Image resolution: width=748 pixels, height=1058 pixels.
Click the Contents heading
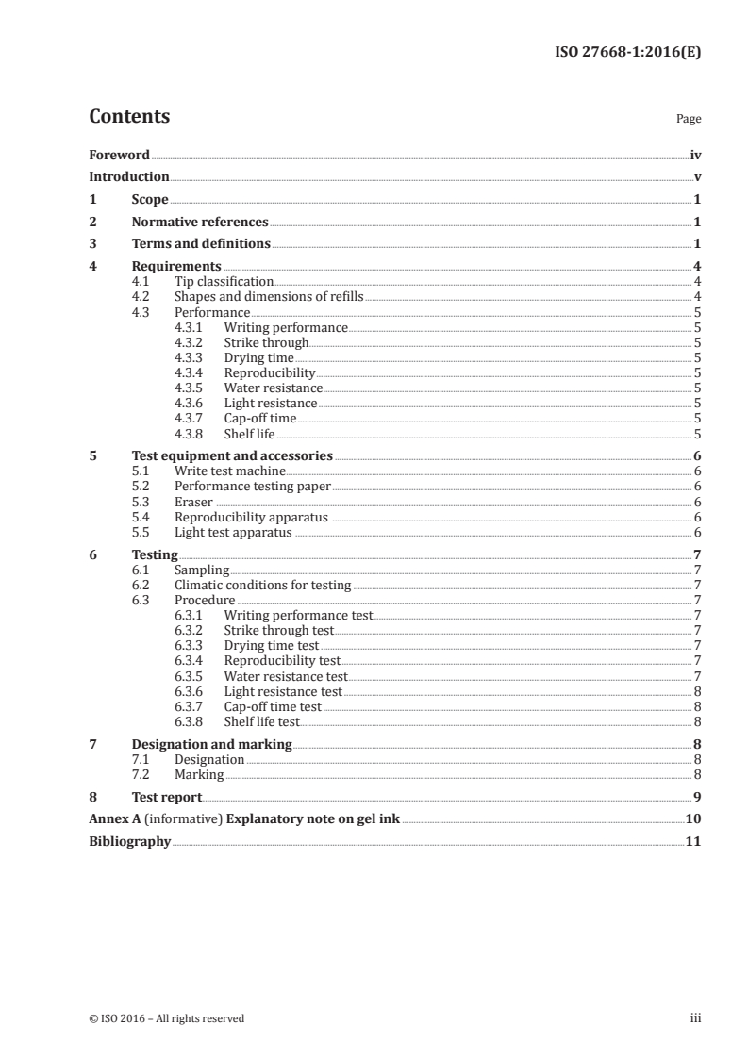[x=129, y=117]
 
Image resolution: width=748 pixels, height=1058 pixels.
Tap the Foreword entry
[x=119, y=155]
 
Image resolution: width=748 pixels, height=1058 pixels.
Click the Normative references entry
[x=200, y=223]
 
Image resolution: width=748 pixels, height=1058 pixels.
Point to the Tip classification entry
[x=224, y=281]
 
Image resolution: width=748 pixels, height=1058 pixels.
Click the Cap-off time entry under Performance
[x=260, y=419]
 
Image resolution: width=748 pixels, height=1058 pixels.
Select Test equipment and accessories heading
[x=232, y=455]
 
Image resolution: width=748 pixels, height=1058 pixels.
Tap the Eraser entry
[x=193, y=502]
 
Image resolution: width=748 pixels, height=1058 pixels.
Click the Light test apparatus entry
[x=234, y=533]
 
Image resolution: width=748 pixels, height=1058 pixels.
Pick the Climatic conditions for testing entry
[x=262, y=586]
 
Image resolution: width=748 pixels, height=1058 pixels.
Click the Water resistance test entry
[x=286, y=676]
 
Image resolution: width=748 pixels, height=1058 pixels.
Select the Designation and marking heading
[x=211, y=744]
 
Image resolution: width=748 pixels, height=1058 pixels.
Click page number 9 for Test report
[x=696, y=797]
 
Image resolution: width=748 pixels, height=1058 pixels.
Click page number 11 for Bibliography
[x=692, y=841]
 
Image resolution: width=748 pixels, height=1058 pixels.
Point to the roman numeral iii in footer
[x=695, y=1018]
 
